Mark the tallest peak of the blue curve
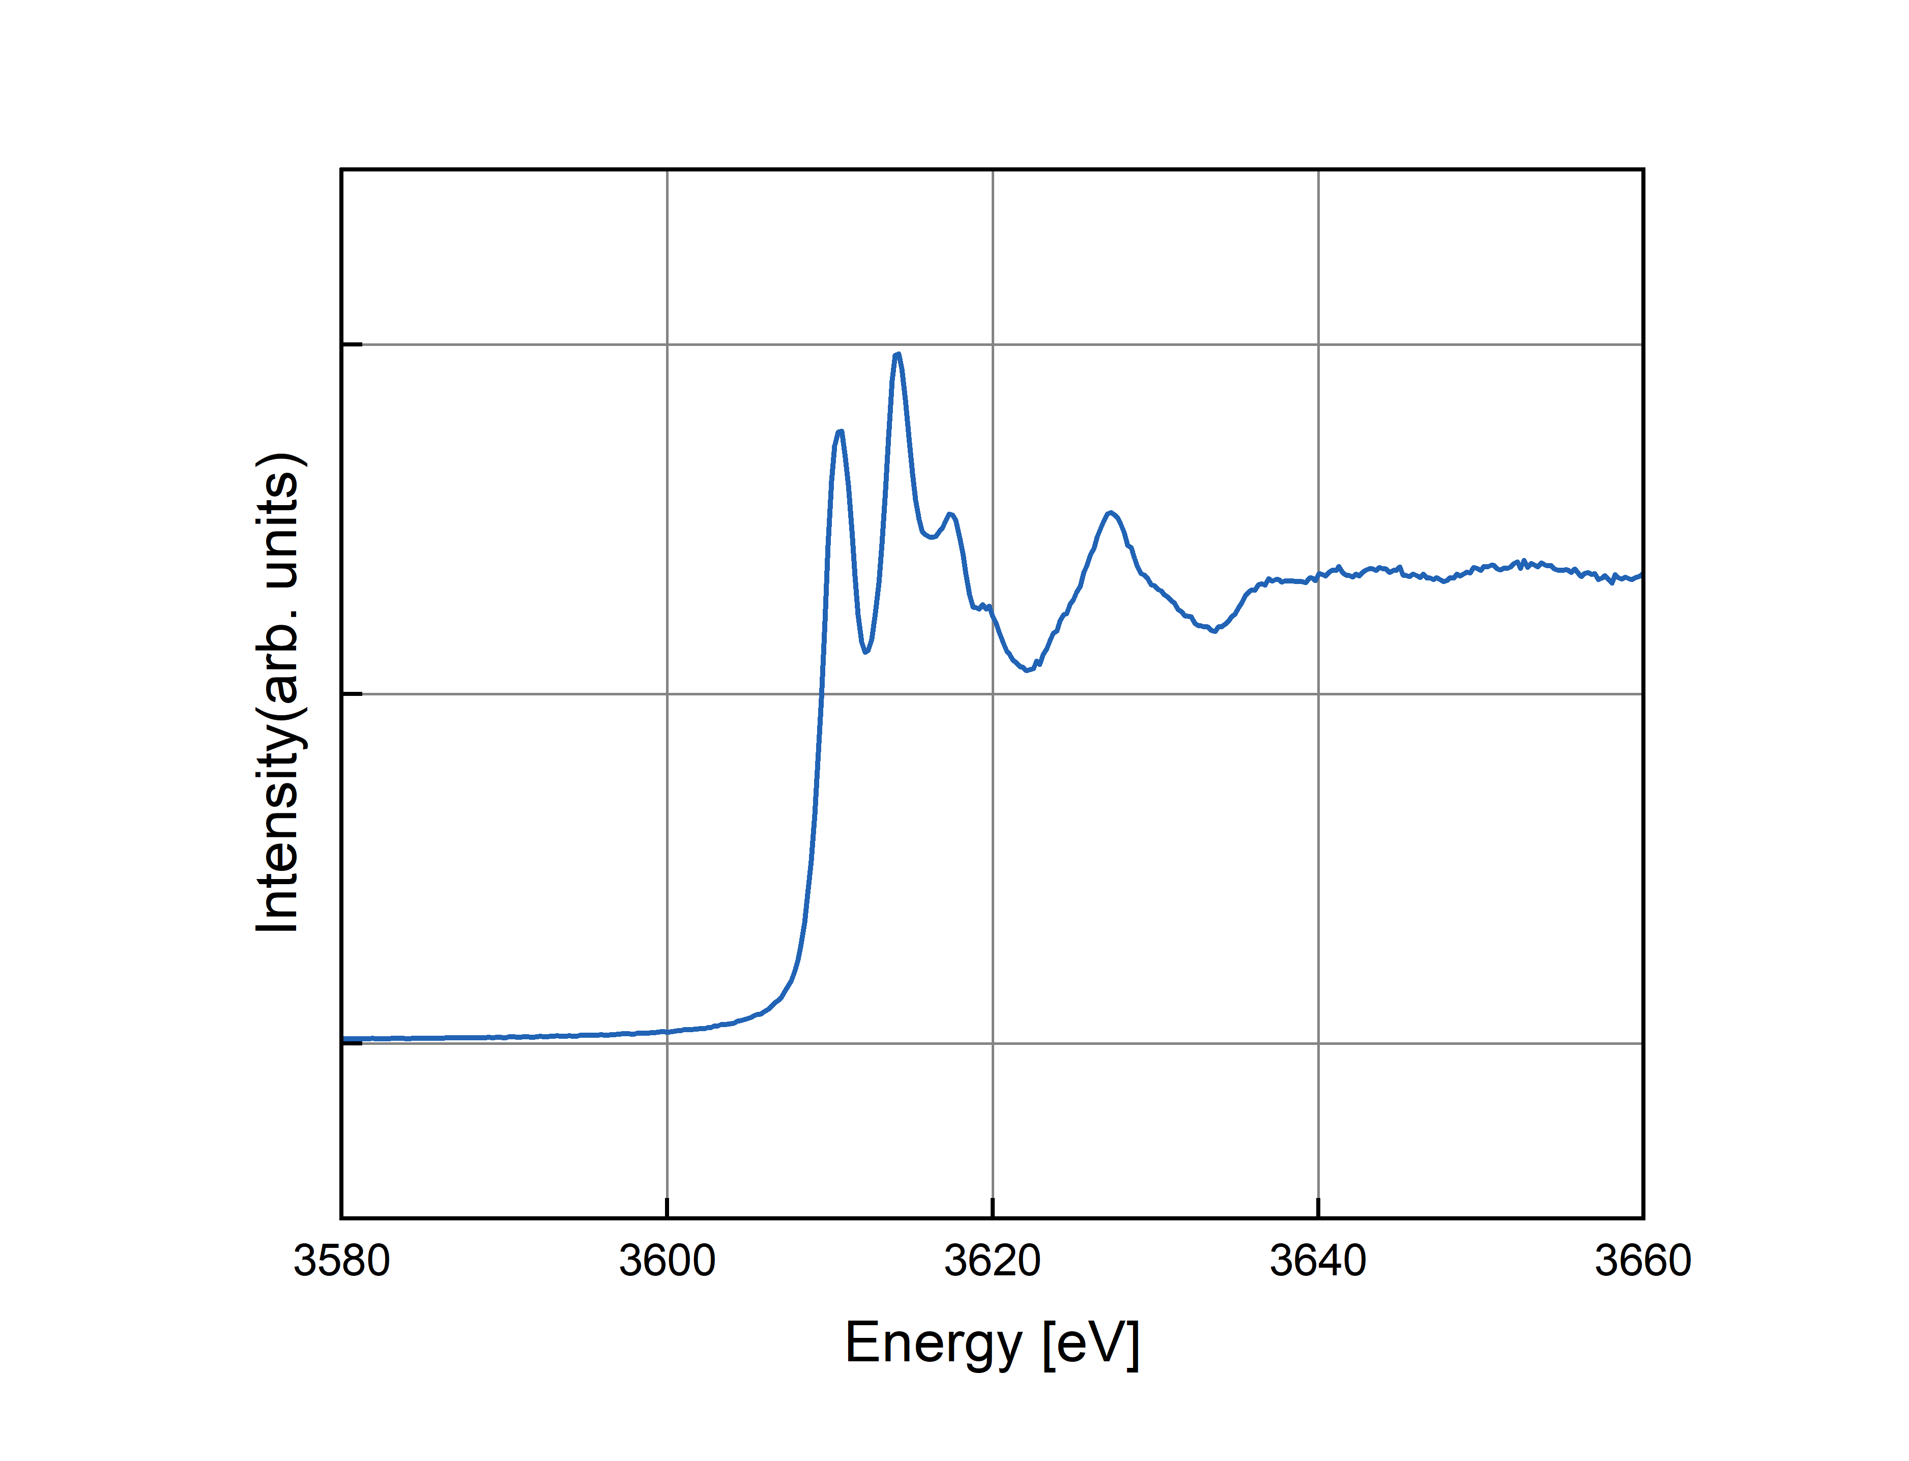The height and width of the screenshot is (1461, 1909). [898, 354]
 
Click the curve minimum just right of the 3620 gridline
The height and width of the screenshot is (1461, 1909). [1028, 669]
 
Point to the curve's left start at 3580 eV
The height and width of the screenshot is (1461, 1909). [344, 1038]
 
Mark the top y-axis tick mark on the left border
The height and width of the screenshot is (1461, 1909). [352, 344]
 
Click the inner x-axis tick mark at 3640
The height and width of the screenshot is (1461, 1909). [1318, 1207]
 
